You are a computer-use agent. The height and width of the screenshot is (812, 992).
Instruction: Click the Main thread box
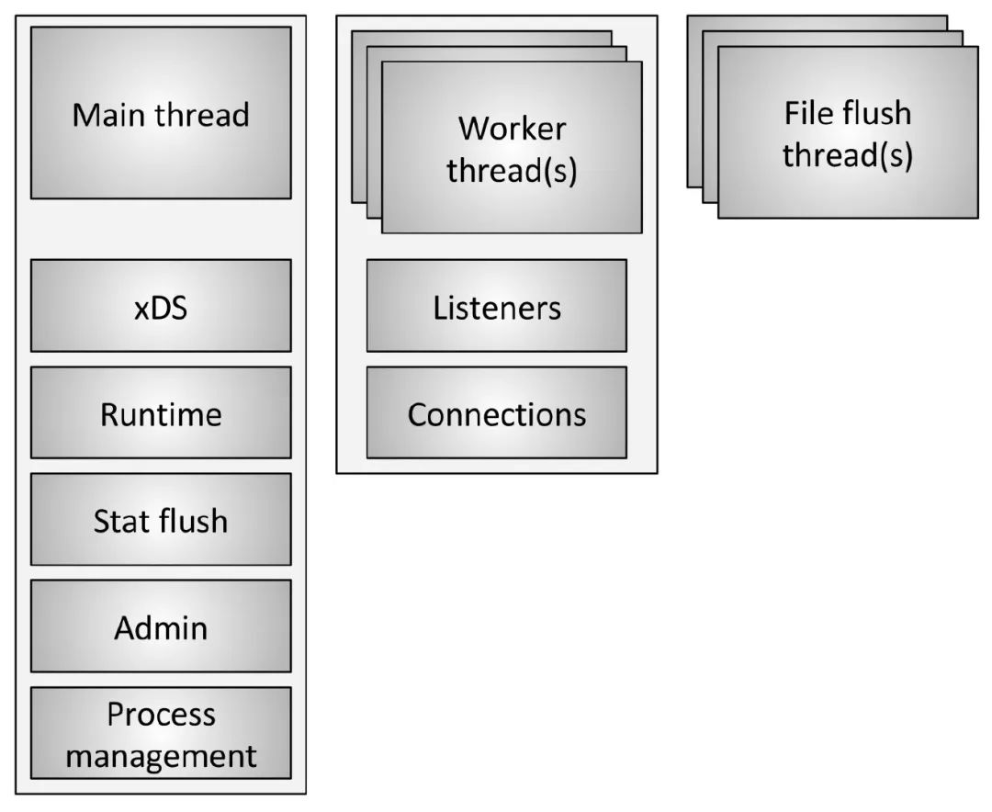coord(161,113)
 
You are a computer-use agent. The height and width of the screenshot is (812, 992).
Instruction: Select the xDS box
coord(161,305)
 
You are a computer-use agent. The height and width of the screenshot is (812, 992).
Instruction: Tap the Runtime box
coord(161,412)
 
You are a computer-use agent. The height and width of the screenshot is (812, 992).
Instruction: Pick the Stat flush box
coord(161,519)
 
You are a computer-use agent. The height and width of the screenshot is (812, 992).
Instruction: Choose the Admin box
coord(161,626)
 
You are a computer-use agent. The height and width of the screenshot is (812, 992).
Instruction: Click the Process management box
coord(161,733)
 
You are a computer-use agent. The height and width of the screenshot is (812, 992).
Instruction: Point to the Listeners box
coord(497,305)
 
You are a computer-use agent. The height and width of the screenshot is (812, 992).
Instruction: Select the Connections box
coord(497,412)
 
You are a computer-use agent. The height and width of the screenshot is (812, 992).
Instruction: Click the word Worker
coord(512,129)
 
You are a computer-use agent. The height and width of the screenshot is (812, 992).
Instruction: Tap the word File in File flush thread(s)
coord(807,113)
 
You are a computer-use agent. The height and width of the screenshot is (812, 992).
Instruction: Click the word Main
coord(110,115)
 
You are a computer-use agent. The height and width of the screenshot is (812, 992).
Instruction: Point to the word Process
coord(162,716)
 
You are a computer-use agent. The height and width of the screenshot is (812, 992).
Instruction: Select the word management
coord(162,757)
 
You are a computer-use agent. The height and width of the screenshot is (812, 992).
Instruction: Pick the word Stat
coord(122,522)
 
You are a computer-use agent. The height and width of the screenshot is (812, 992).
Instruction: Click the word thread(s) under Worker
coord(512,171)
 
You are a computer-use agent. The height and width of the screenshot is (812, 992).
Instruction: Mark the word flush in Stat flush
coord(194,521)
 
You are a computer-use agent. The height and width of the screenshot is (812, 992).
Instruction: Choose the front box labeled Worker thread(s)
coord(512,147)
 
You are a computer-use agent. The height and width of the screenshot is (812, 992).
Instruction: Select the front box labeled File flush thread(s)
coord(848,131)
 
